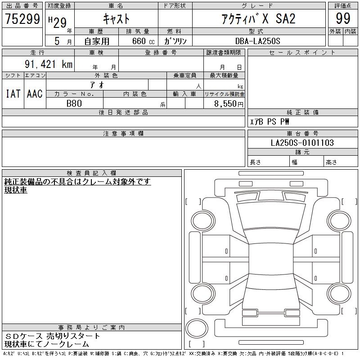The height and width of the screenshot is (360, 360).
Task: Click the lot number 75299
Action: click(22, 19)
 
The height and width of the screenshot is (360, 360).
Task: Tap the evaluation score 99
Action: click(343, 18)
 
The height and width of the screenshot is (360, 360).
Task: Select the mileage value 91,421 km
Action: click(49, 64)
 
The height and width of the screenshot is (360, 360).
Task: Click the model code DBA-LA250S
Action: click(258, 41)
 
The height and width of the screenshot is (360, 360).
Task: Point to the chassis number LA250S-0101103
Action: click(302, 143)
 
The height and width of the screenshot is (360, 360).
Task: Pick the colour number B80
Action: click(74, 103)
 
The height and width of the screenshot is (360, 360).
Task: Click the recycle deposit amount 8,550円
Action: click(229, 104)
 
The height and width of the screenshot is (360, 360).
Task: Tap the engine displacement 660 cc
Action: click(143, 41)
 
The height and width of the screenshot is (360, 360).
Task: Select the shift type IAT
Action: click(13, 94)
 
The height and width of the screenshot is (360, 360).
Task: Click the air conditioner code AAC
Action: click(35, 94)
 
